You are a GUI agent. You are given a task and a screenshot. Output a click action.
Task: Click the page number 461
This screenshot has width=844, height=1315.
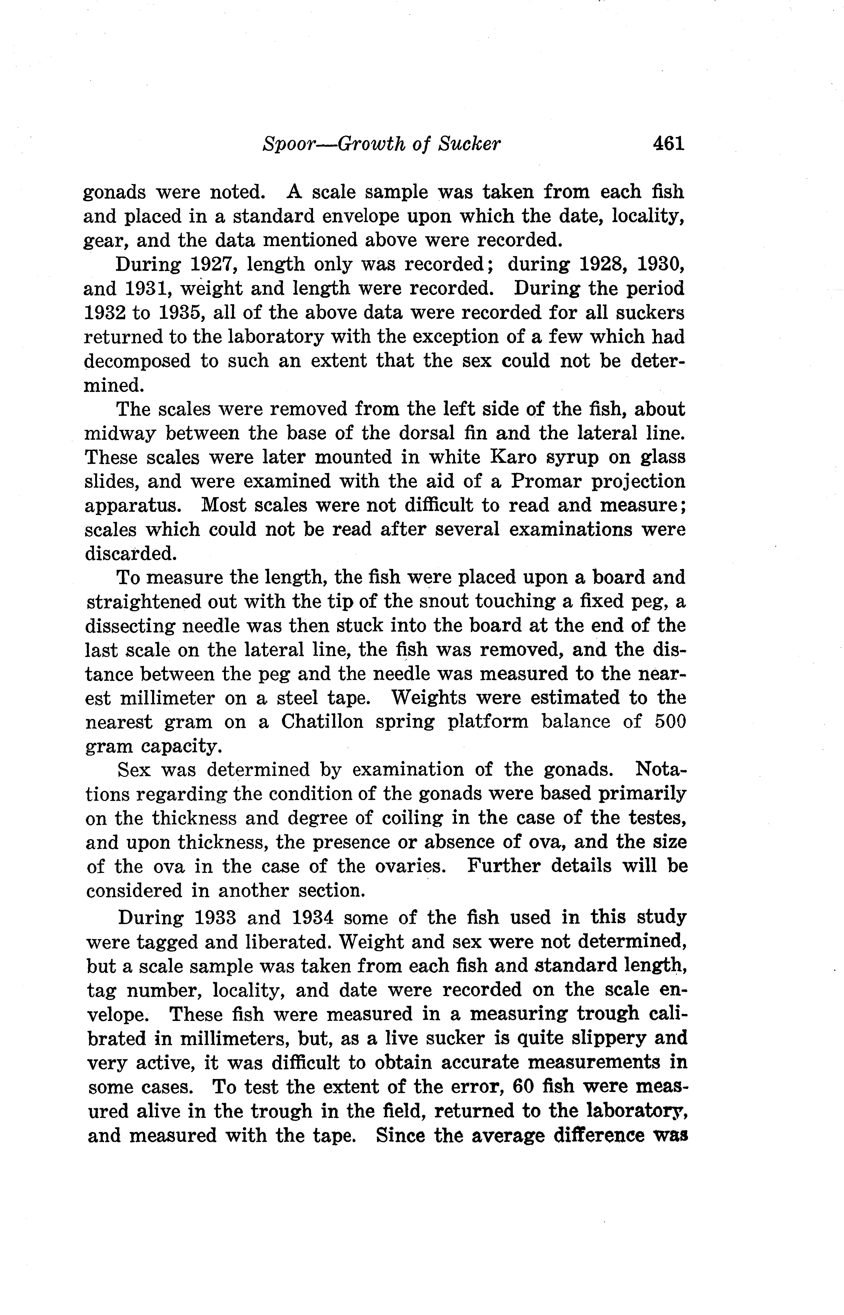pos(669,144)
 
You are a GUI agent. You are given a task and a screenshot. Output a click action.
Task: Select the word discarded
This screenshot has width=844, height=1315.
pos(131,554)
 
